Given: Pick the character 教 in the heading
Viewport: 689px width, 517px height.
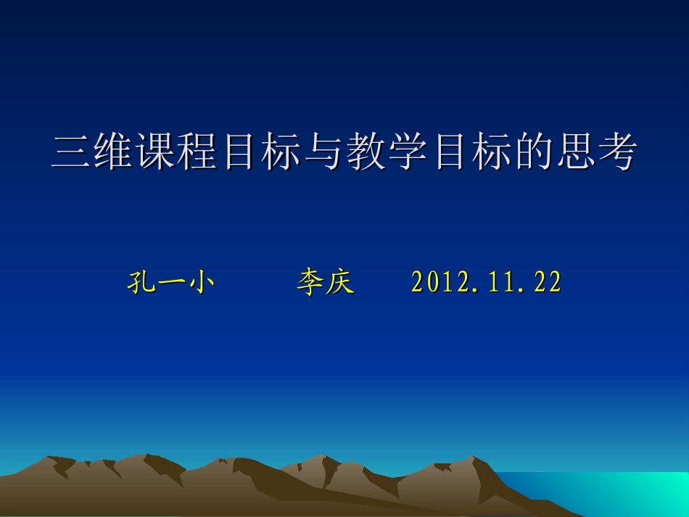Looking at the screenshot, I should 365,154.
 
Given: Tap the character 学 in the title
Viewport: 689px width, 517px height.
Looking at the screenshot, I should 407,154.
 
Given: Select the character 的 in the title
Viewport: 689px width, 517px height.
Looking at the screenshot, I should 533,154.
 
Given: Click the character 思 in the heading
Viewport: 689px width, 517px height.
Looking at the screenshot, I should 575,154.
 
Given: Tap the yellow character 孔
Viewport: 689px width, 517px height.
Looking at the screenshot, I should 140,283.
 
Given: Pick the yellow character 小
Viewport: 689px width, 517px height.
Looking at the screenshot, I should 201,283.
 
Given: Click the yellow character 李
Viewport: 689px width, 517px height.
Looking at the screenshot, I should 310,283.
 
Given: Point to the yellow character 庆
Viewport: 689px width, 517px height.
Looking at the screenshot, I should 340,283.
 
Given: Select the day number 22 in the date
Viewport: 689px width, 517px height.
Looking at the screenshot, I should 547,283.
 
